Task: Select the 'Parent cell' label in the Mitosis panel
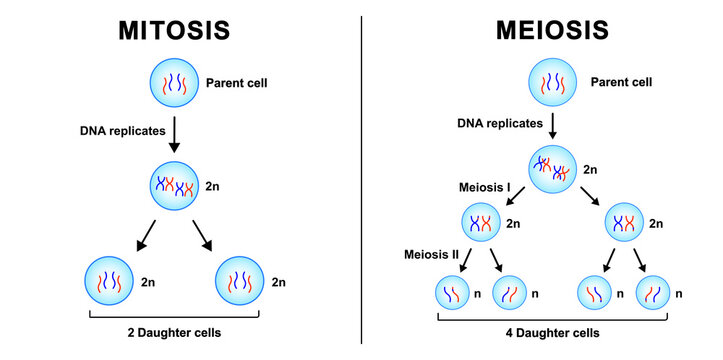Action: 236,81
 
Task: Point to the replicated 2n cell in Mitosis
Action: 173,186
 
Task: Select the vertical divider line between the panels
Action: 361,180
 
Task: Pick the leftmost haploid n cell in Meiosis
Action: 452,295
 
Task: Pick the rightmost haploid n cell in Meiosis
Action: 654,295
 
